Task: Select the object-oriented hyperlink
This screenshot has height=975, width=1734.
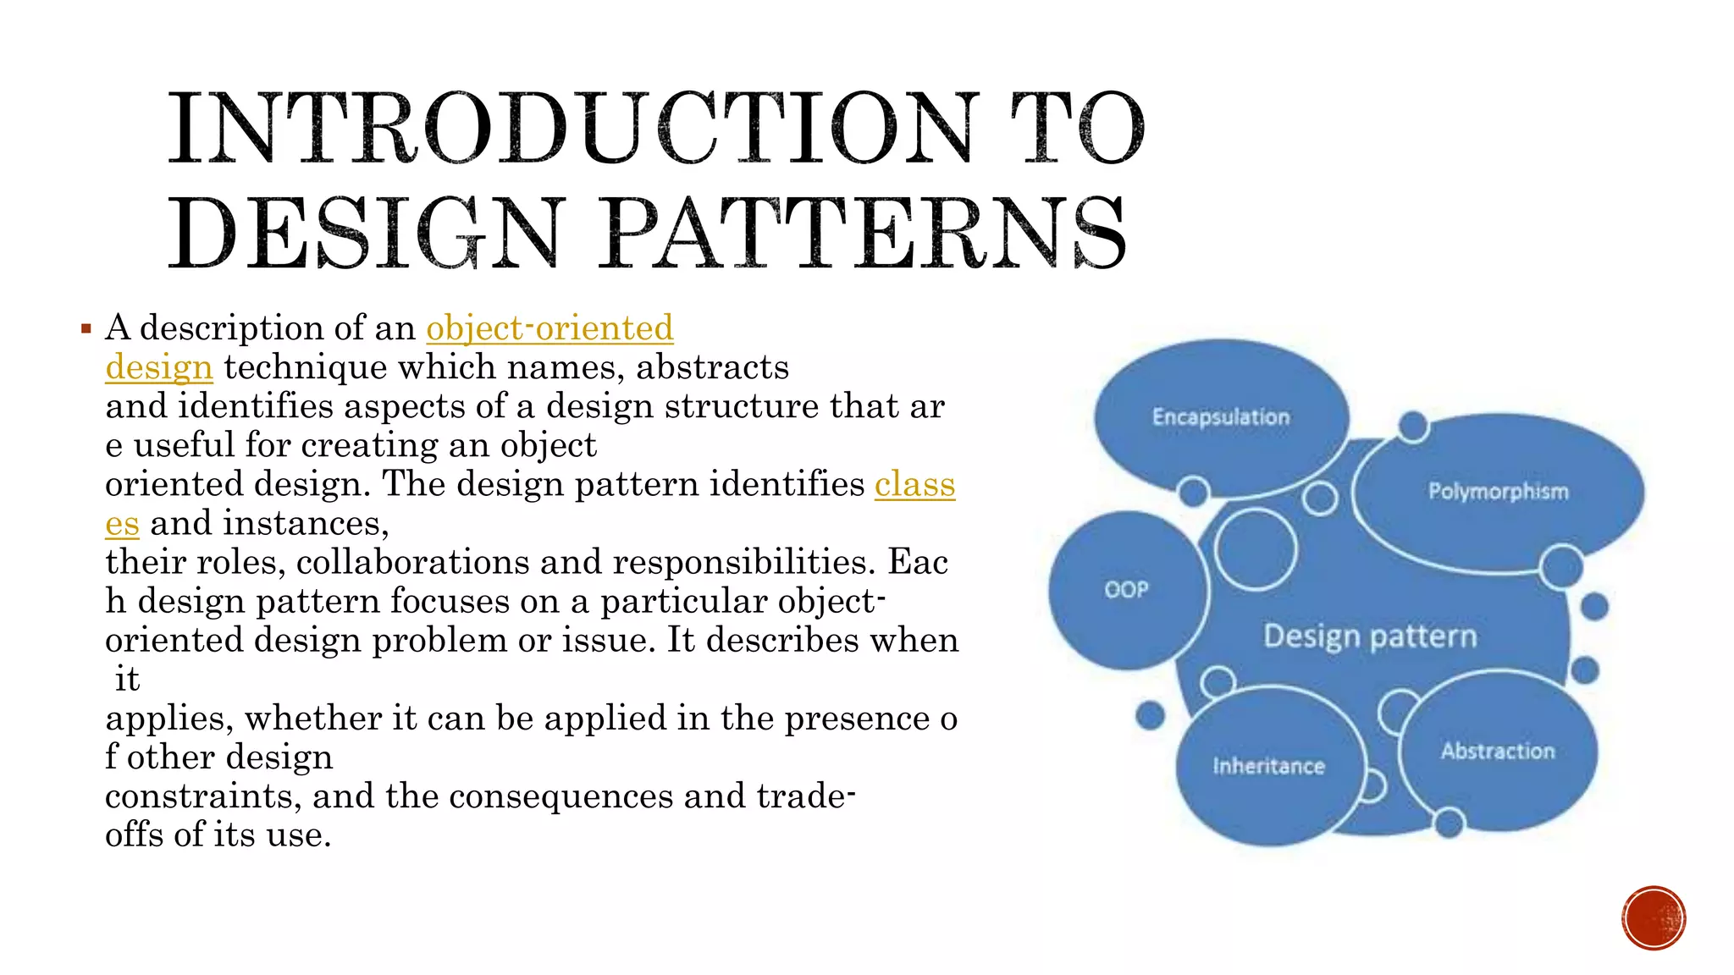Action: click(549, 328)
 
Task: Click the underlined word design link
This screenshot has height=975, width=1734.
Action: click(158, 367)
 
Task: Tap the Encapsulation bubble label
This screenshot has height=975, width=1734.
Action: click(1220, 417)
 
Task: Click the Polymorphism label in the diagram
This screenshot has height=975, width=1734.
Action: click(1498, 492)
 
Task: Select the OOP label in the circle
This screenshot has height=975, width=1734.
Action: click(1126, 589)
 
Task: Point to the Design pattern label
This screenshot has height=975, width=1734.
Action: click(1369, 636)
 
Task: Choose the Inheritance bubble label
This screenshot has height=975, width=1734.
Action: click(1267, 766)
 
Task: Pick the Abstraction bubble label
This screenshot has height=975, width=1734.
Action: click(1498, 751)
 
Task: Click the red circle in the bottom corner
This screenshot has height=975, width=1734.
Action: click(1654, 918)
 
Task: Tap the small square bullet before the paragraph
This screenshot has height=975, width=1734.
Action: click(86, 328)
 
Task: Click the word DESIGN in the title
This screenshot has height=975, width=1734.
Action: click(365, 234)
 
